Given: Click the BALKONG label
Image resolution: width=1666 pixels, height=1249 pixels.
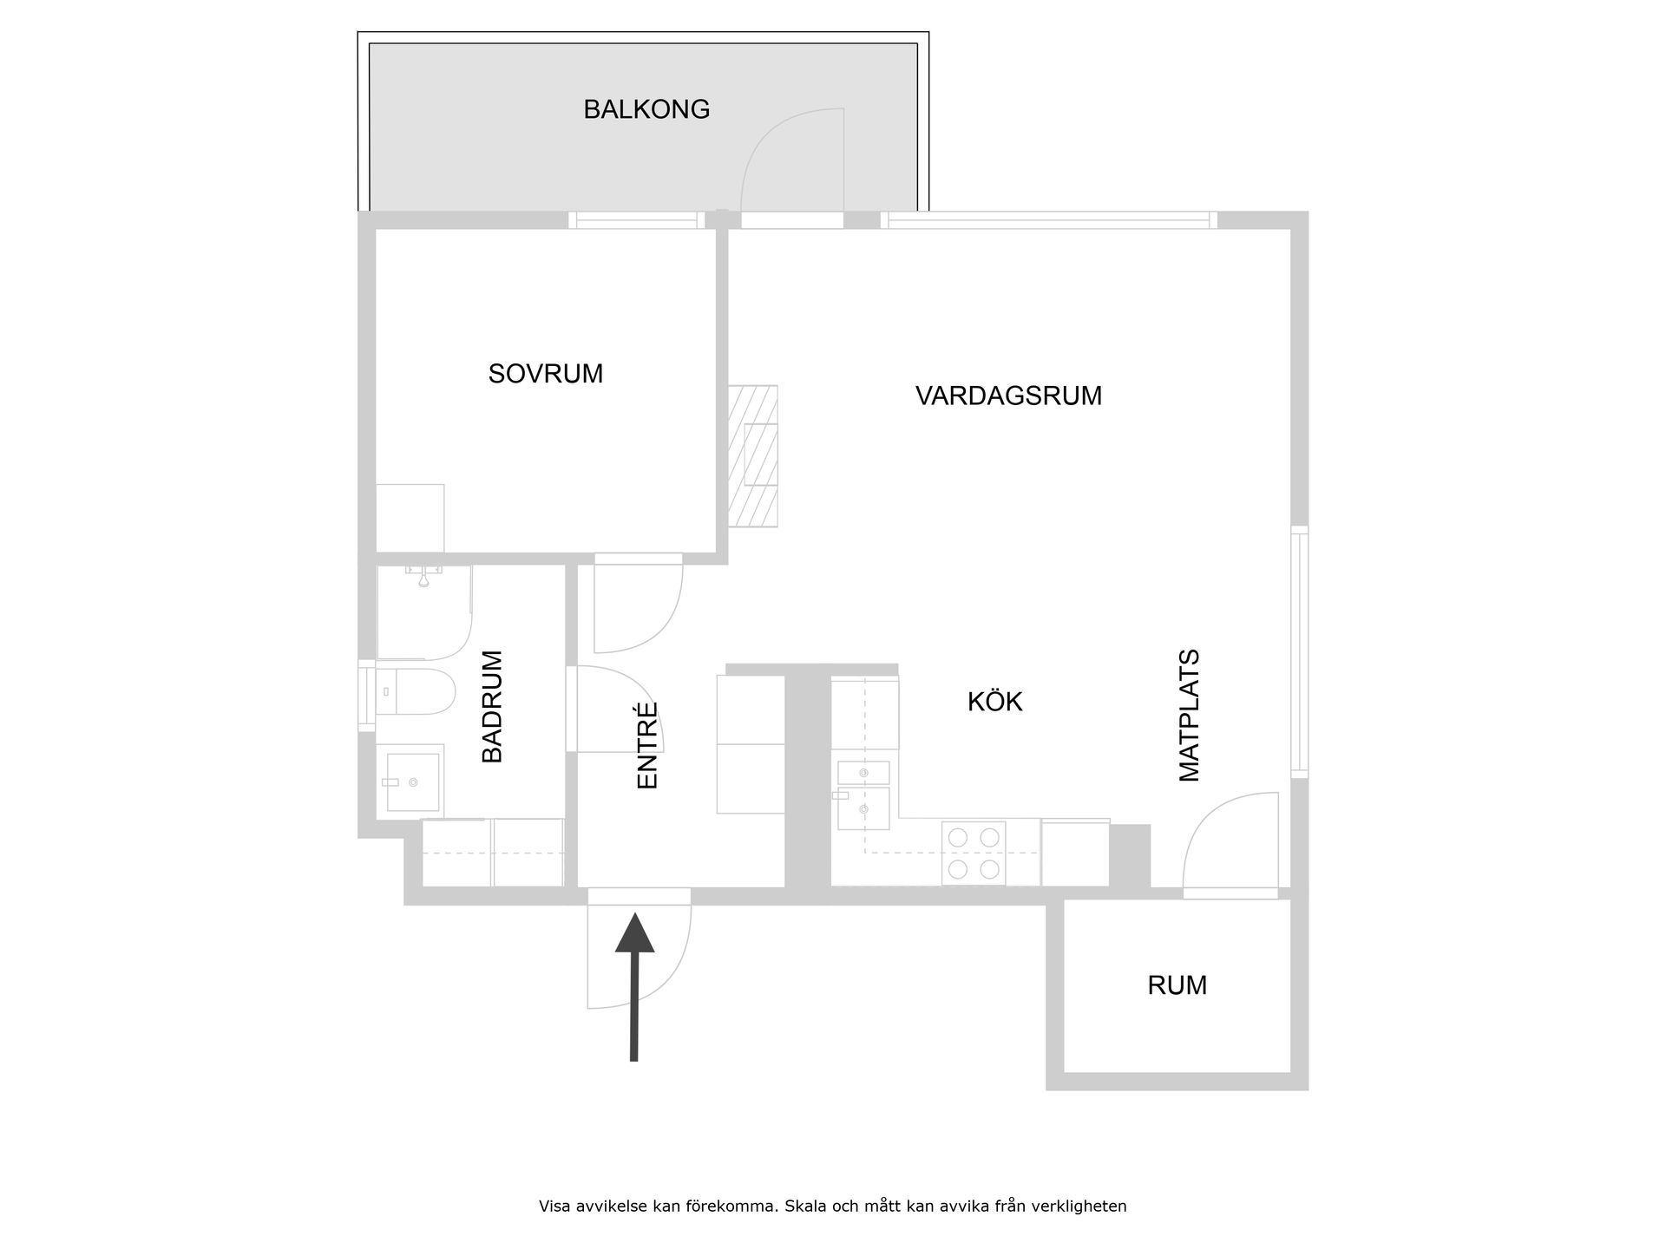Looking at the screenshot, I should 646,109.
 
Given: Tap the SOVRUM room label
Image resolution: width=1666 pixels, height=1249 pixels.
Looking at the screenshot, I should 545,374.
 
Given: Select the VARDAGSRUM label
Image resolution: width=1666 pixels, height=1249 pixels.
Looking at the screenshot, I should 1008,396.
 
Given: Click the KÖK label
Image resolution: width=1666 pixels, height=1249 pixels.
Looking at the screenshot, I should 995,702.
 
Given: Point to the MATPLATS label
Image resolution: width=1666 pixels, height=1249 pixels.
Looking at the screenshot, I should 1189,716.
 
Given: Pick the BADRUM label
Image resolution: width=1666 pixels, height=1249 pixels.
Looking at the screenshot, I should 492,707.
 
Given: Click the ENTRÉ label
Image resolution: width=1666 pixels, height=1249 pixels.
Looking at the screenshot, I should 648,746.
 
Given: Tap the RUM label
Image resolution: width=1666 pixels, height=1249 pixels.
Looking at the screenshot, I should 1177,985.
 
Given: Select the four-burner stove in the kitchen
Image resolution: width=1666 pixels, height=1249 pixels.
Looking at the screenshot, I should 974,853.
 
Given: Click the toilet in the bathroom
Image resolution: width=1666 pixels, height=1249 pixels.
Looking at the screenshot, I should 416,691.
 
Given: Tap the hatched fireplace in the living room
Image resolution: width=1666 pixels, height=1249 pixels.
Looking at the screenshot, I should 753,456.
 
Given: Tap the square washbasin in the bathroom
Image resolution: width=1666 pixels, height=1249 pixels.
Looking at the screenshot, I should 412,781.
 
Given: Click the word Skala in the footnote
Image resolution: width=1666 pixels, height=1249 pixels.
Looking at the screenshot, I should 803,1206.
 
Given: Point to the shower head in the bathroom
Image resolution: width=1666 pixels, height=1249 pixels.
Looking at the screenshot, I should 423,576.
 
